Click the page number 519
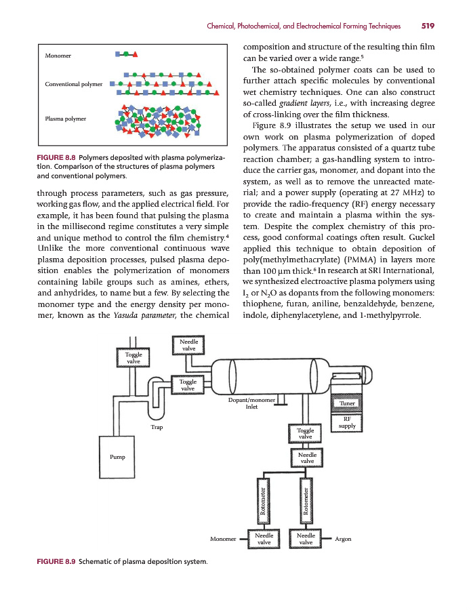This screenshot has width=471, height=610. coord(427,26)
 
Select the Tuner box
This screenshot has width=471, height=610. coord(347,403)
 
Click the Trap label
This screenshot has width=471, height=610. coord(156,427)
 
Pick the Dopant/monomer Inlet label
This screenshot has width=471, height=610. coord(251,403)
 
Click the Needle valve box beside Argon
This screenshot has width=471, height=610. coord(306,539)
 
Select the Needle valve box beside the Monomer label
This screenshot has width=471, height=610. coord(264,539)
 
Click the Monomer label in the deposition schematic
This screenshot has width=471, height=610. coord(223,540)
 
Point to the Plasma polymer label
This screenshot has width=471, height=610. coord(65,119)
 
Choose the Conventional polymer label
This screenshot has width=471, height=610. coord(73,85)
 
